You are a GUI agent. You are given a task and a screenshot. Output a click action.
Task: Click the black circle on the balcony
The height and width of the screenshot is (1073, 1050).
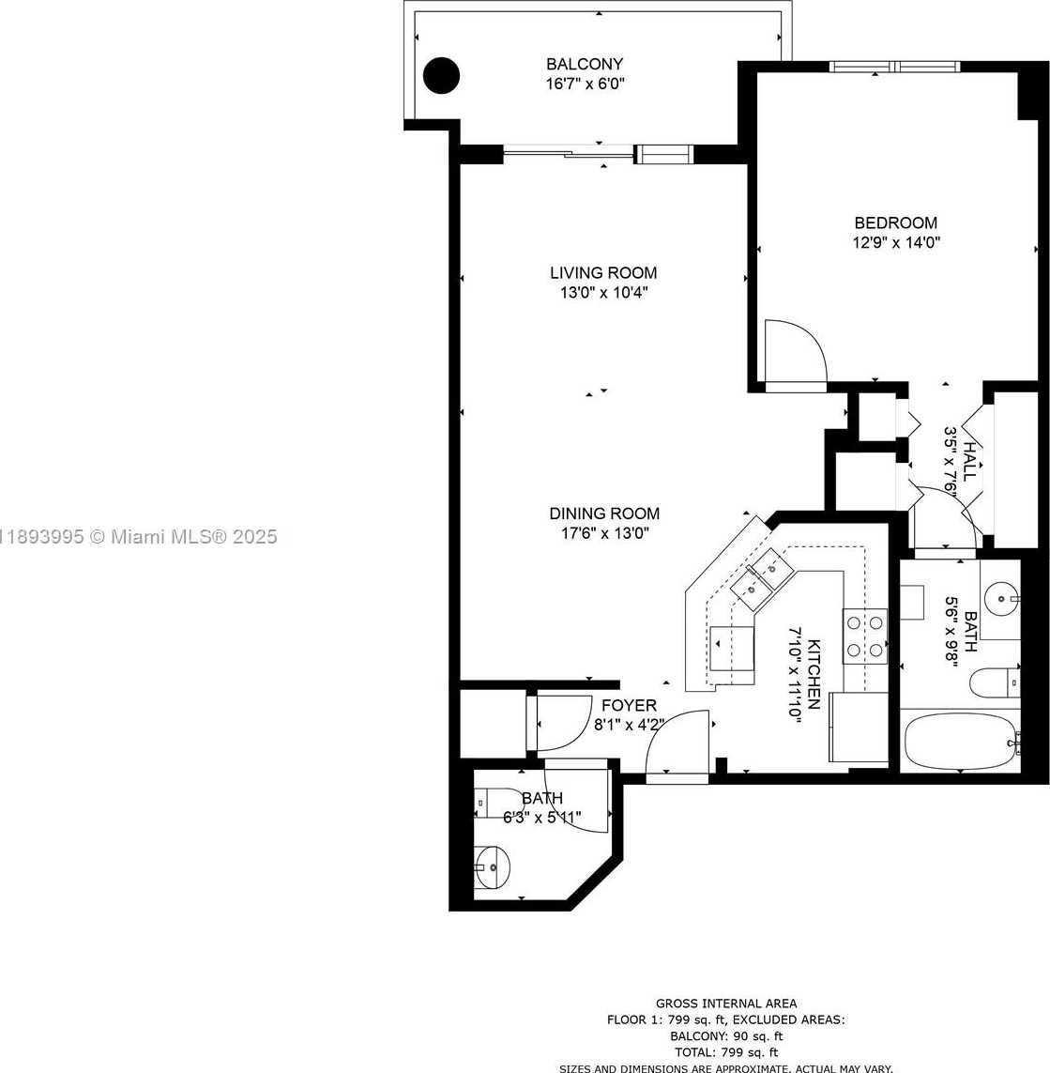[x=441, y=75]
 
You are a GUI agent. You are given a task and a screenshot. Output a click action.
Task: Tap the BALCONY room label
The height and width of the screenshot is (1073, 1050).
[x=585, y=65]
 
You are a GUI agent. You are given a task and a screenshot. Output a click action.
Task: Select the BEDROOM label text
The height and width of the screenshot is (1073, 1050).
[x=895, y=222]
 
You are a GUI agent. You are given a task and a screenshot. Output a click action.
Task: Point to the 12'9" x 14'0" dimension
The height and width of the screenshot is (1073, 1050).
[x=896, y=242]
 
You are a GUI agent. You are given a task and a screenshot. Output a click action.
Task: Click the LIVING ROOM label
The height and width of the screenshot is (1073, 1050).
[x=603, y=273]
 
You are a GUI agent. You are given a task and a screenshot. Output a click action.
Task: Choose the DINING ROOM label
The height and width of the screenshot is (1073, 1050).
[x=604, y=514]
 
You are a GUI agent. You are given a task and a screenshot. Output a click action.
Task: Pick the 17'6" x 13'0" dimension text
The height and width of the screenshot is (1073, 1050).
[x=604, y=533]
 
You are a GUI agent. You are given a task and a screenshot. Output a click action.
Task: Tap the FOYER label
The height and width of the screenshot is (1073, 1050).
[x=629, y=706]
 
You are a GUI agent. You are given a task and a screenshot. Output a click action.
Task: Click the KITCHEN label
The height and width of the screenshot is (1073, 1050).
[x=814, y=675]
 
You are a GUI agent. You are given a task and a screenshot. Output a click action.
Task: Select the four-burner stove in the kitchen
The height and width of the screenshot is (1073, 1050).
[x=865, y=636]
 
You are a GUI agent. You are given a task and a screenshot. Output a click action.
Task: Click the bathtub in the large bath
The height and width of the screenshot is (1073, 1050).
[x=960, y=741]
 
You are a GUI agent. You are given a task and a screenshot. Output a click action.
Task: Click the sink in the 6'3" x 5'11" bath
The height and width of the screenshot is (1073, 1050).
[x=493, y=867]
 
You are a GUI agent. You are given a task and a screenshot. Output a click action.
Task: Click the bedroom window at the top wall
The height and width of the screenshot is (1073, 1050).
[x=895, y=67]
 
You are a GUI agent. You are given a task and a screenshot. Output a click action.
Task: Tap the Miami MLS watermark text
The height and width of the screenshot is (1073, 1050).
[x=138, y=537]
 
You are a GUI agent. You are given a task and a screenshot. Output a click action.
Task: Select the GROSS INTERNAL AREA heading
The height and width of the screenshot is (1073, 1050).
[x=726, y=1004]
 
